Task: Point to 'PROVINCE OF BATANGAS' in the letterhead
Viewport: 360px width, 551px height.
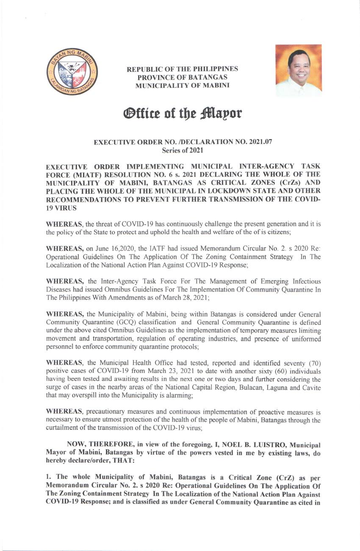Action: pyautogui.click(x=182, y=77)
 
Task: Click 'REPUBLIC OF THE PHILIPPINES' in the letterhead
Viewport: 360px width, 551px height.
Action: pyautogui.click(x=182, y=69)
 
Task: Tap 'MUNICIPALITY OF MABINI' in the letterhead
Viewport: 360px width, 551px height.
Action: pyautogui.click(x=182, y=85)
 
